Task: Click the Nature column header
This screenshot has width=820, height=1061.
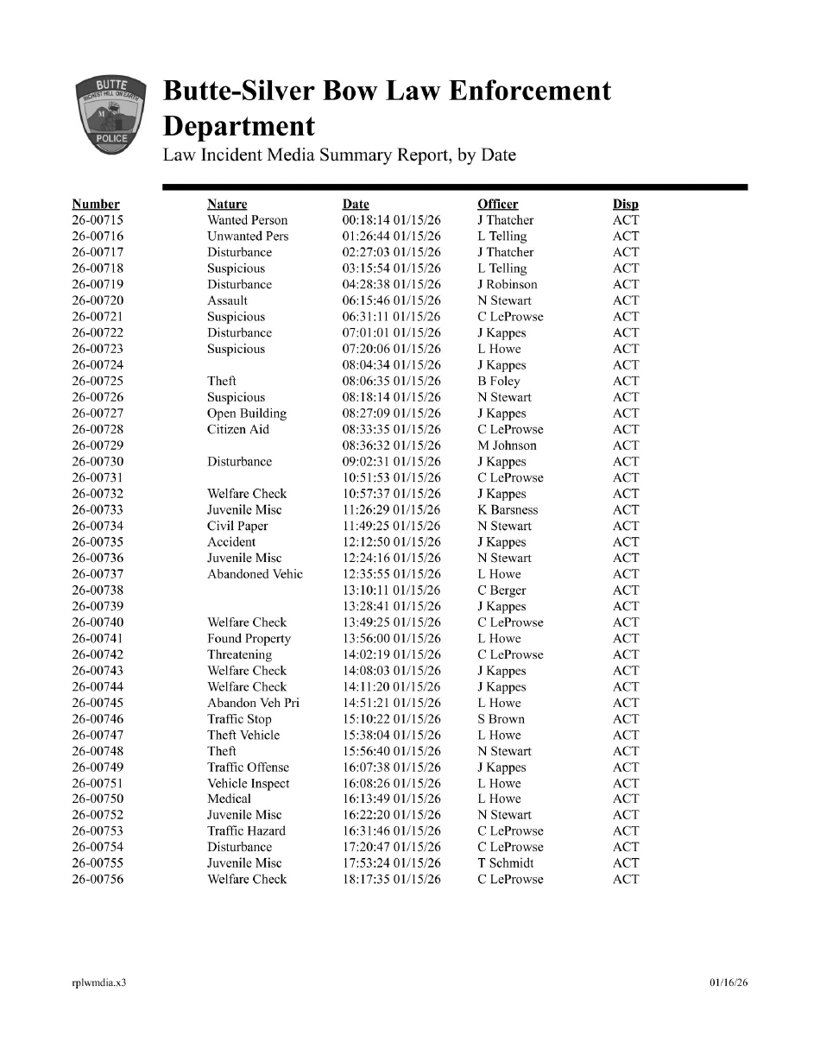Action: coord(227,205)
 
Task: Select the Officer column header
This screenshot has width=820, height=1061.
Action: coord(497,205)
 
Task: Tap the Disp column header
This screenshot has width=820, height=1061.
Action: coord(625,205)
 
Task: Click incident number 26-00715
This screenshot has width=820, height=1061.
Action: coord(98,220)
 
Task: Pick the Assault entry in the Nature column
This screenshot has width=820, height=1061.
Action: coord(227,300)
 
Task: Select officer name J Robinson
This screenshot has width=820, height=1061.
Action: coord(507,285)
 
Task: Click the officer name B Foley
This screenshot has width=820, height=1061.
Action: coord(498,381)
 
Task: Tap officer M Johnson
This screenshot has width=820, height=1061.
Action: coord(507,445)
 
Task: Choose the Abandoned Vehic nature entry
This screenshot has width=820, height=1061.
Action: coord(255,574)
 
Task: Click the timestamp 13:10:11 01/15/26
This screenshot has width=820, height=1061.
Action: coord(392,590)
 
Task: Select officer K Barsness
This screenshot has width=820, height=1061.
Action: coord(508,510)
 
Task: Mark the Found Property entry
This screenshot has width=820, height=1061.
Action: coord(249,639)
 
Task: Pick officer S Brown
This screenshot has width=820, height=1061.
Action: coord(501,719)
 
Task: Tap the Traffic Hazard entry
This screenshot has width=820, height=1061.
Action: coord(246,831)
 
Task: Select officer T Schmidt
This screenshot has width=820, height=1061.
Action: coord(505,863)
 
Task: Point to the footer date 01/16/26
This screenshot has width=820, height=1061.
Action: coord(728,982)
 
